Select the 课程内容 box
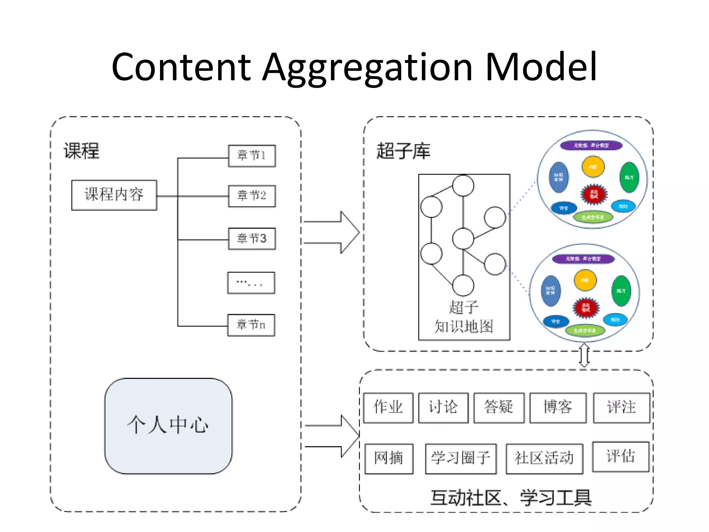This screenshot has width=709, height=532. tap(114, 195)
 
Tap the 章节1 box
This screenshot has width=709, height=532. tap(252, 156)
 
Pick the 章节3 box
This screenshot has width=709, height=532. tap(252, 239)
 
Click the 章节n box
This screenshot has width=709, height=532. tap(251, 325)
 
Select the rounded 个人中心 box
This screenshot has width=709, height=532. tap(168, 426)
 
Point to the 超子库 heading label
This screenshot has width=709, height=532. tap(403, 151)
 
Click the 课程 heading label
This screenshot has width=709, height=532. tap(81, 151)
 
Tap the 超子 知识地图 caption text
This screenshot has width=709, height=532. tap(464, 317)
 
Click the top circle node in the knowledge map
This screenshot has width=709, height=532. tap(463, 186)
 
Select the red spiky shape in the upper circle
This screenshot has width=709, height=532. tap(594, 194)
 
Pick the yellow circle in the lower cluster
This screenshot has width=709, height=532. tap(585, 280)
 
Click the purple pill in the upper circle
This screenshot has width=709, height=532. tap(591, 145)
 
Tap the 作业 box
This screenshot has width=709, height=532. tap(388, 408)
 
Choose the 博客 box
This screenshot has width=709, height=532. tap(558, 408)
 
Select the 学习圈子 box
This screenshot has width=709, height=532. tap(461, 459)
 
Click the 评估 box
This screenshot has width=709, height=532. tap(620, 456)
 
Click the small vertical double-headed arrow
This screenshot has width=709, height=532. tap(584, 355)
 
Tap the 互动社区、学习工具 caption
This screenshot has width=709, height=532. tap(511, 498)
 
